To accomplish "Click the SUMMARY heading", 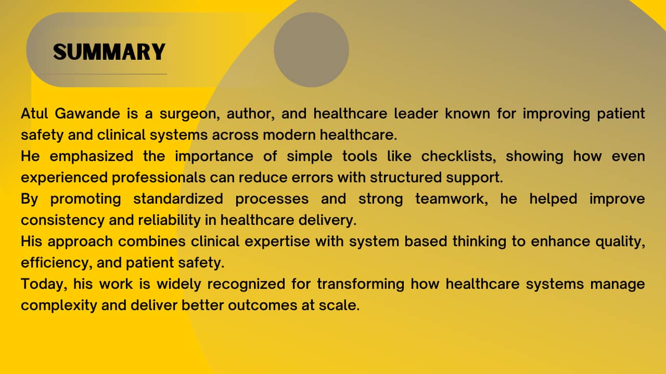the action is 109,52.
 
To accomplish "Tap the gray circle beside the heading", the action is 311,49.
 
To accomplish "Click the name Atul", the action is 34,113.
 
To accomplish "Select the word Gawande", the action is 87,113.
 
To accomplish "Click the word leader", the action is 416,113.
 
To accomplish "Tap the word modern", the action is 289,135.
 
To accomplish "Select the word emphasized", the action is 91,157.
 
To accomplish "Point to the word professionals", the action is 159,178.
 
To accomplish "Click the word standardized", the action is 178,198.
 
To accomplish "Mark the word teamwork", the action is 452,199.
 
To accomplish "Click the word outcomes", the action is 263,305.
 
